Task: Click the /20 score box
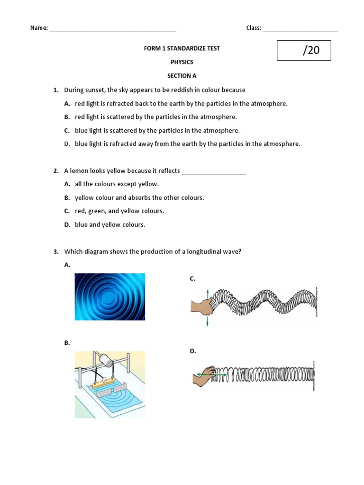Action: click(x=304, y=51)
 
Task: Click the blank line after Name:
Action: click(x=112, y=28)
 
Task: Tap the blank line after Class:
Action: click(x=300, y=28)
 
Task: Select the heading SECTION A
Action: click(x=182, y=76)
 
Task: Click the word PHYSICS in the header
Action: click(x=182, y=62)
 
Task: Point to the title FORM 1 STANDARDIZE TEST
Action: click(x=182, y=49)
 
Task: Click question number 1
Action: click(x=55, y=90)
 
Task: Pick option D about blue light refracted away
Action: click(x=187, y=144)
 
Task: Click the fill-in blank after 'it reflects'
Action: click(x=214, y=171)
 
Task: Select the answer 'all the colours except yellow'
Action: click(x=117, y=184)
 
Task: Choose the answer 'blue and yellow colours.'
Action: click(x=109, y=225)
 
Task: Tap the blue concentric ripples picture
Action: click(x=110, y=297)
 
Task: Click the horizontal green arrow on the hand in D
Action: click(x=205, y=374)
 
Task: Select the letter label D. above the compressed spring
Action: click(x=192, y=351)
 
